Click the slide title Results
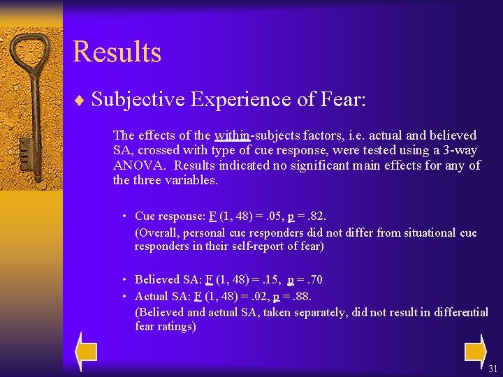pos(117,52)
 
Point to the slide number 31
pos(493,368)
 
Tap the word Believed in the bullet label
pos(156,280)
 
